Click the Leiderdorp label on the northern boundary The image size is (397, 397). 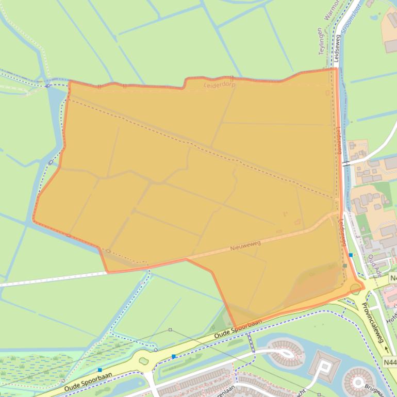219,85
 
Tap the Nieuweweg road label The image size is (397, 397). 245,246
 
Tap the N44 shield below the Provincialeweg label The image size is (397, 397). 390,362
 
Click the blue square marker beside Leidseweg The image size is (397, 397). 351,255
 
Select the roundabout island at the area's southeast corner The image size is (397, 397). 355,288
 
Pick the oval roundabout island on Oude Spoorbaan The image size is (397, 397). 144,361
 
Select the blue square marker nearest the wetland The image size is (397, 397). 100,370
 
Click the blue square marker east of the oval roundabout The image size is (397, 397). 174,356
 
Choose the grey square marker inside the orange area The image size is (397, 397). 344,266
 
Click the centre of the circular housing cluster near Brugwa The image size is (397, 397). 357,383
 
